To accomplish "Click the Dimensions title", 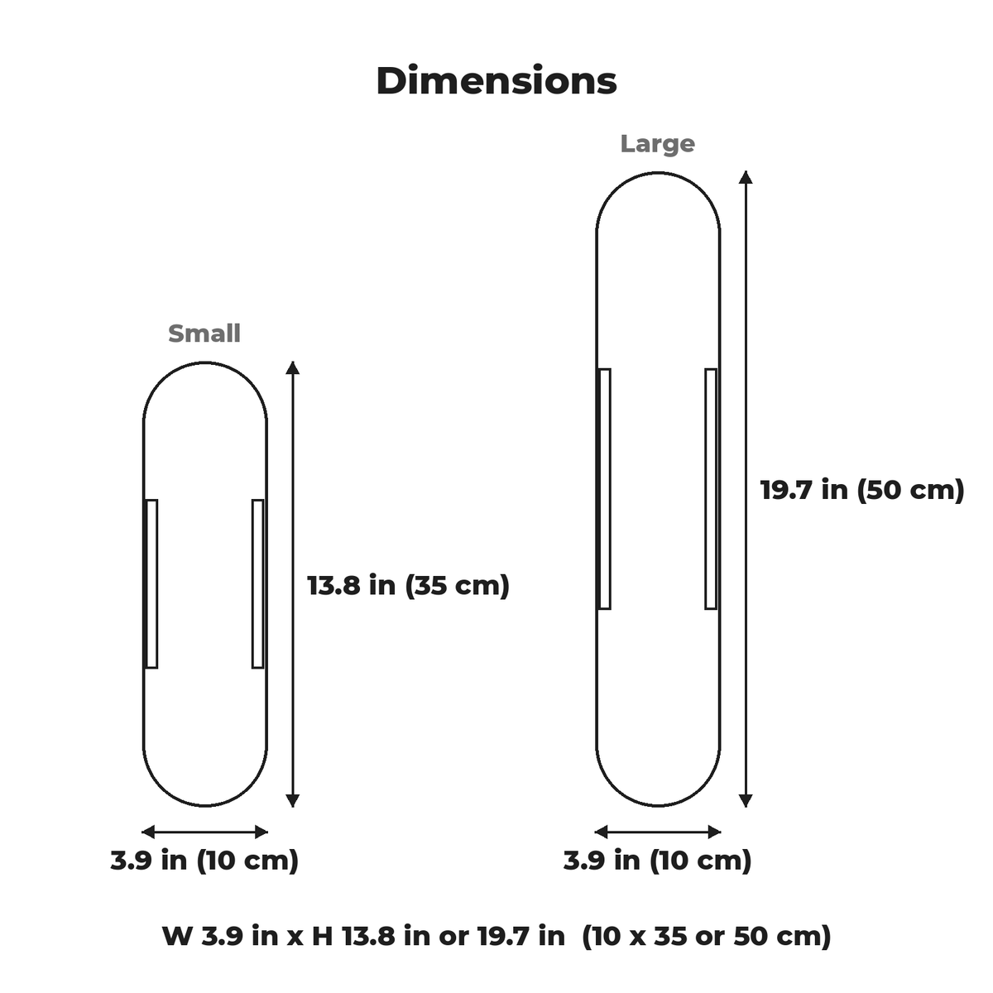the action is point(496,81).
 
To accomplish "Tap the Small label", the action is point(204,333).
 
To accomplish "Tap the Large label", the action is point(658,143).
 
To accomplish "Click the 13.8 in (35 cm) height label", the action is point(408,585).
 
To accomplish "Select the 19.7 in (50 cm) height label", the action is point(862,490).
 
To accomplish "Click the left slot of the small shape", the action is point(151,584).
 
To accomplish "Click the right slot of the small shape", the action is point(257,584).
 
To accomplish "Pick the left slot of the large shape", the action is point(604,489).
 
